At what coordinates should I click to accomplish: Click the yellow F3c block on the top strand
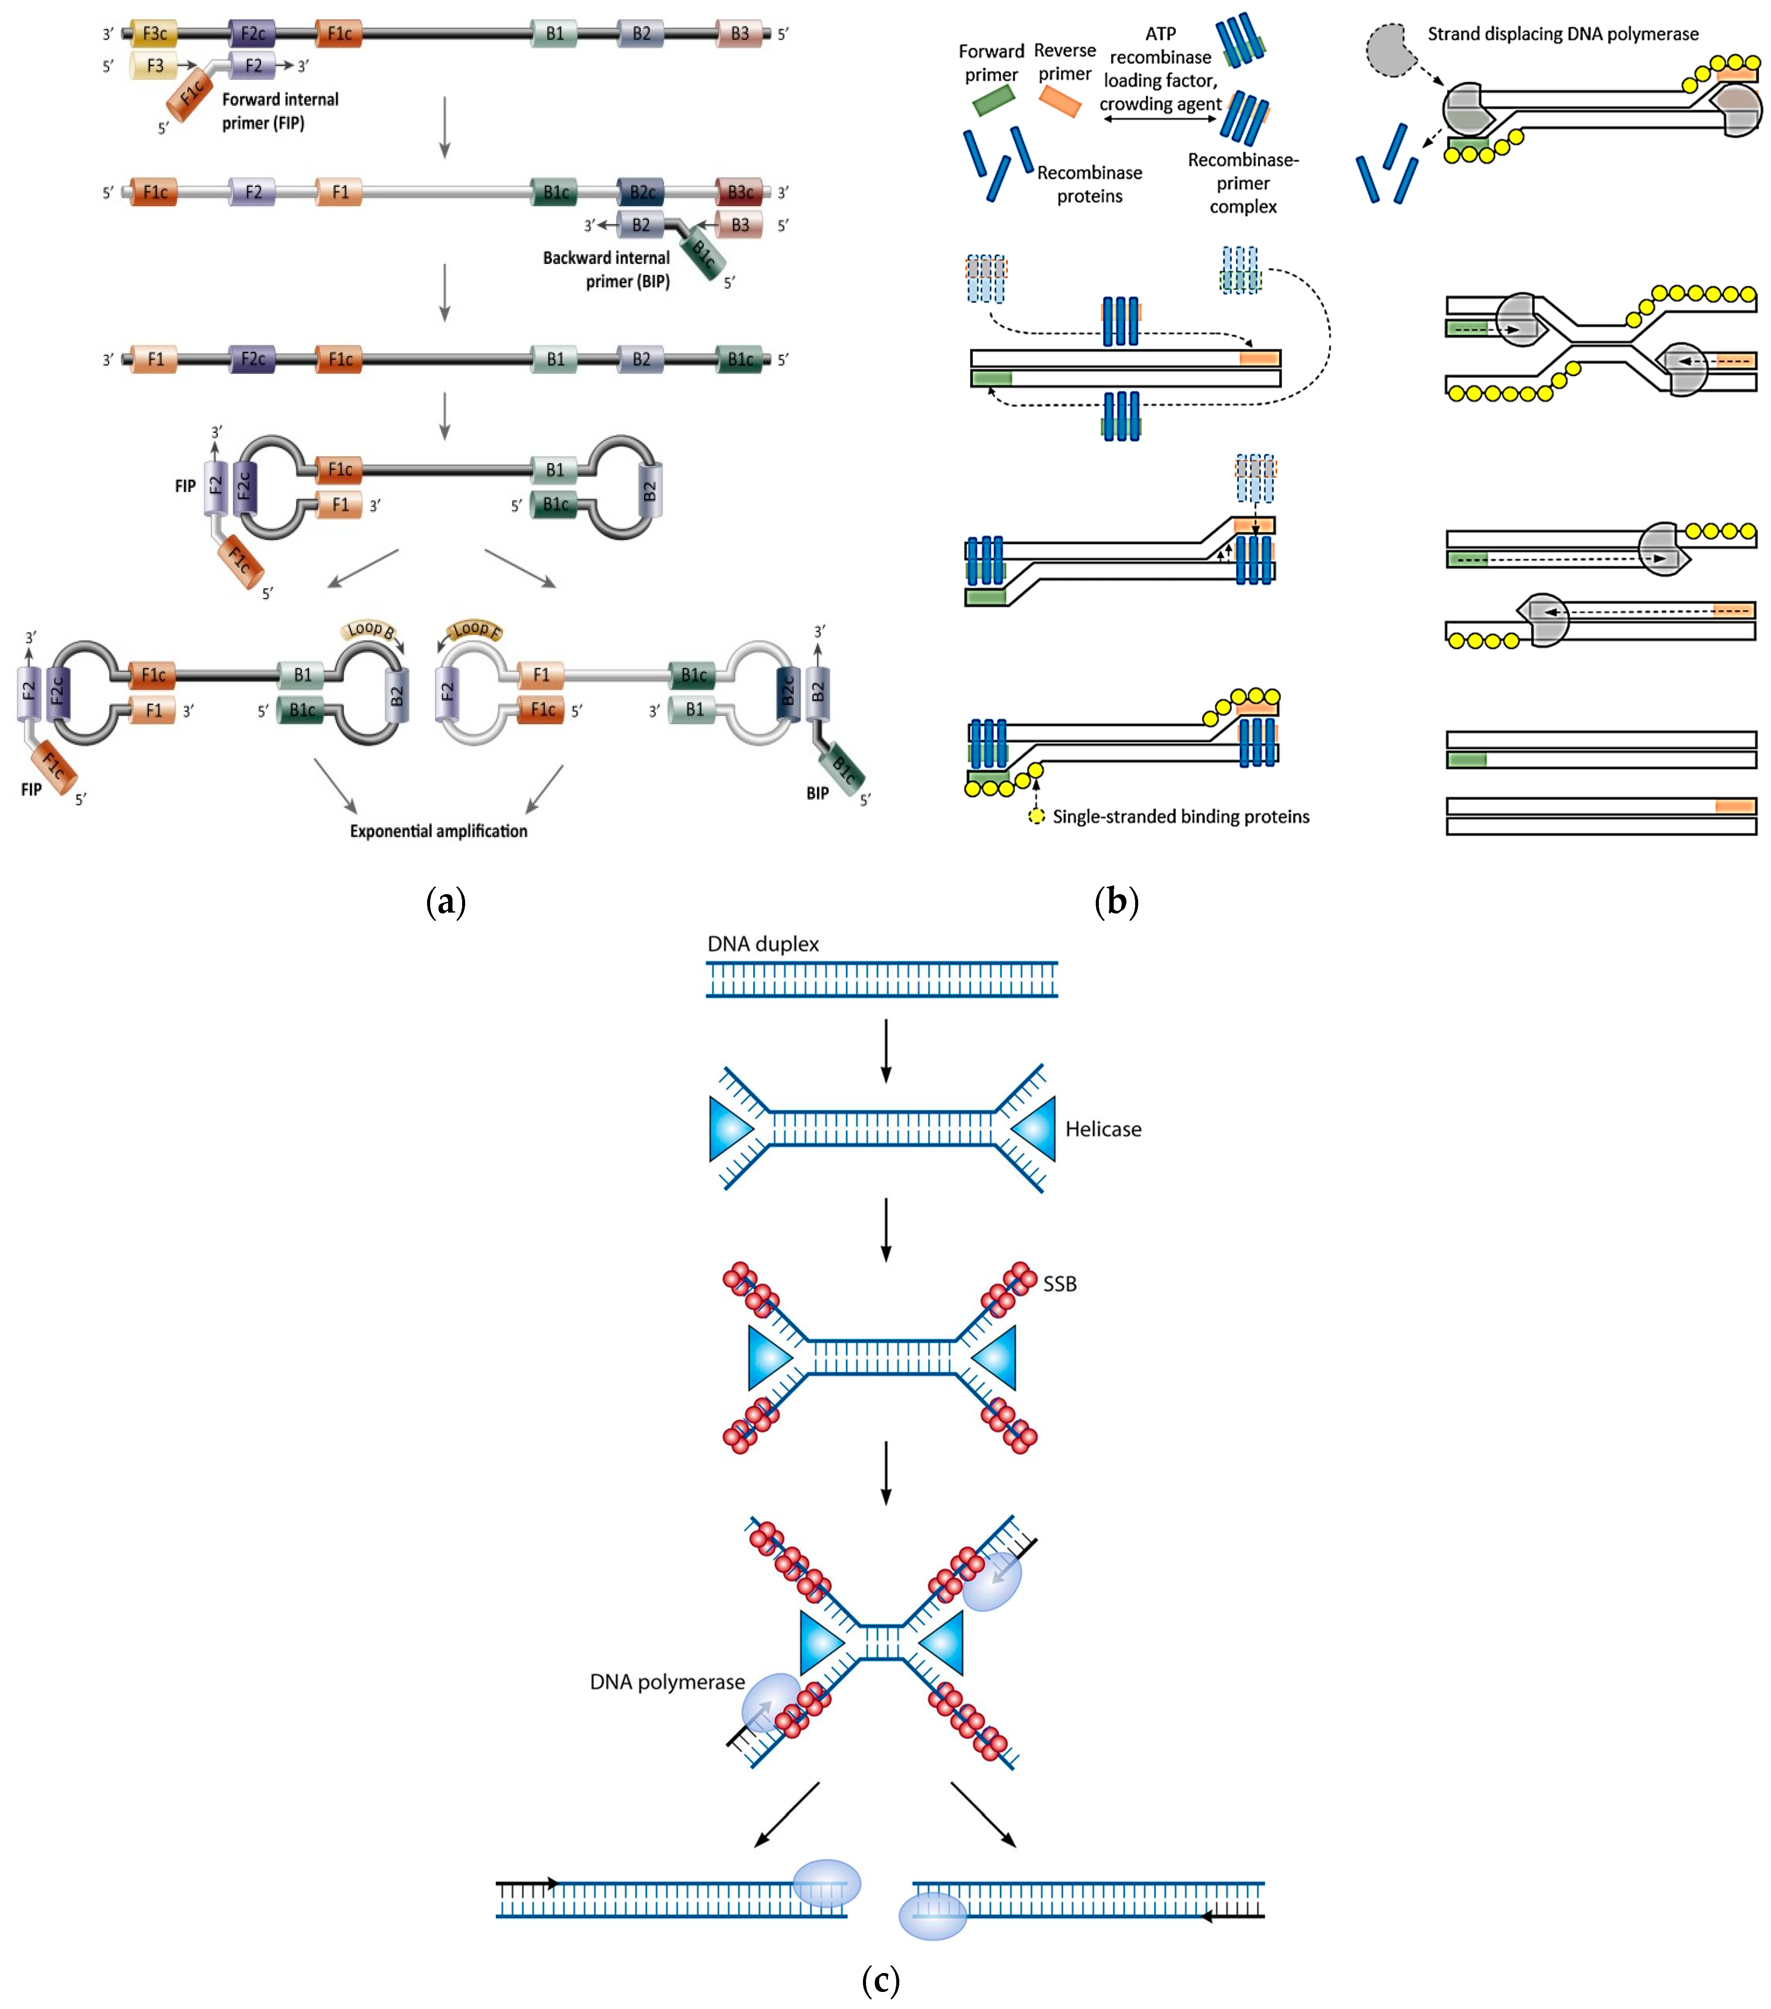point(154,33)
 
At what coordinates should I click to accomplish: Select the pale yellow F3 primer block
point(154,66)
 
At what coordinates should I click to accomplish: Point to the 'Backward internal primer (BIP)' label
point(607,269)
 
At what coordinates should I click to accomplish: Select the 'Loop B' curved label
point(371,629)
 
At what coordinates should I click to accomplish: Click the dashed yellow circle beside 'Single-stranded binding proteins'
point(1036,816)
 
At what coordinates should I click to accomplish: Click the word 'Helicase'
point(1103,1129)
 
